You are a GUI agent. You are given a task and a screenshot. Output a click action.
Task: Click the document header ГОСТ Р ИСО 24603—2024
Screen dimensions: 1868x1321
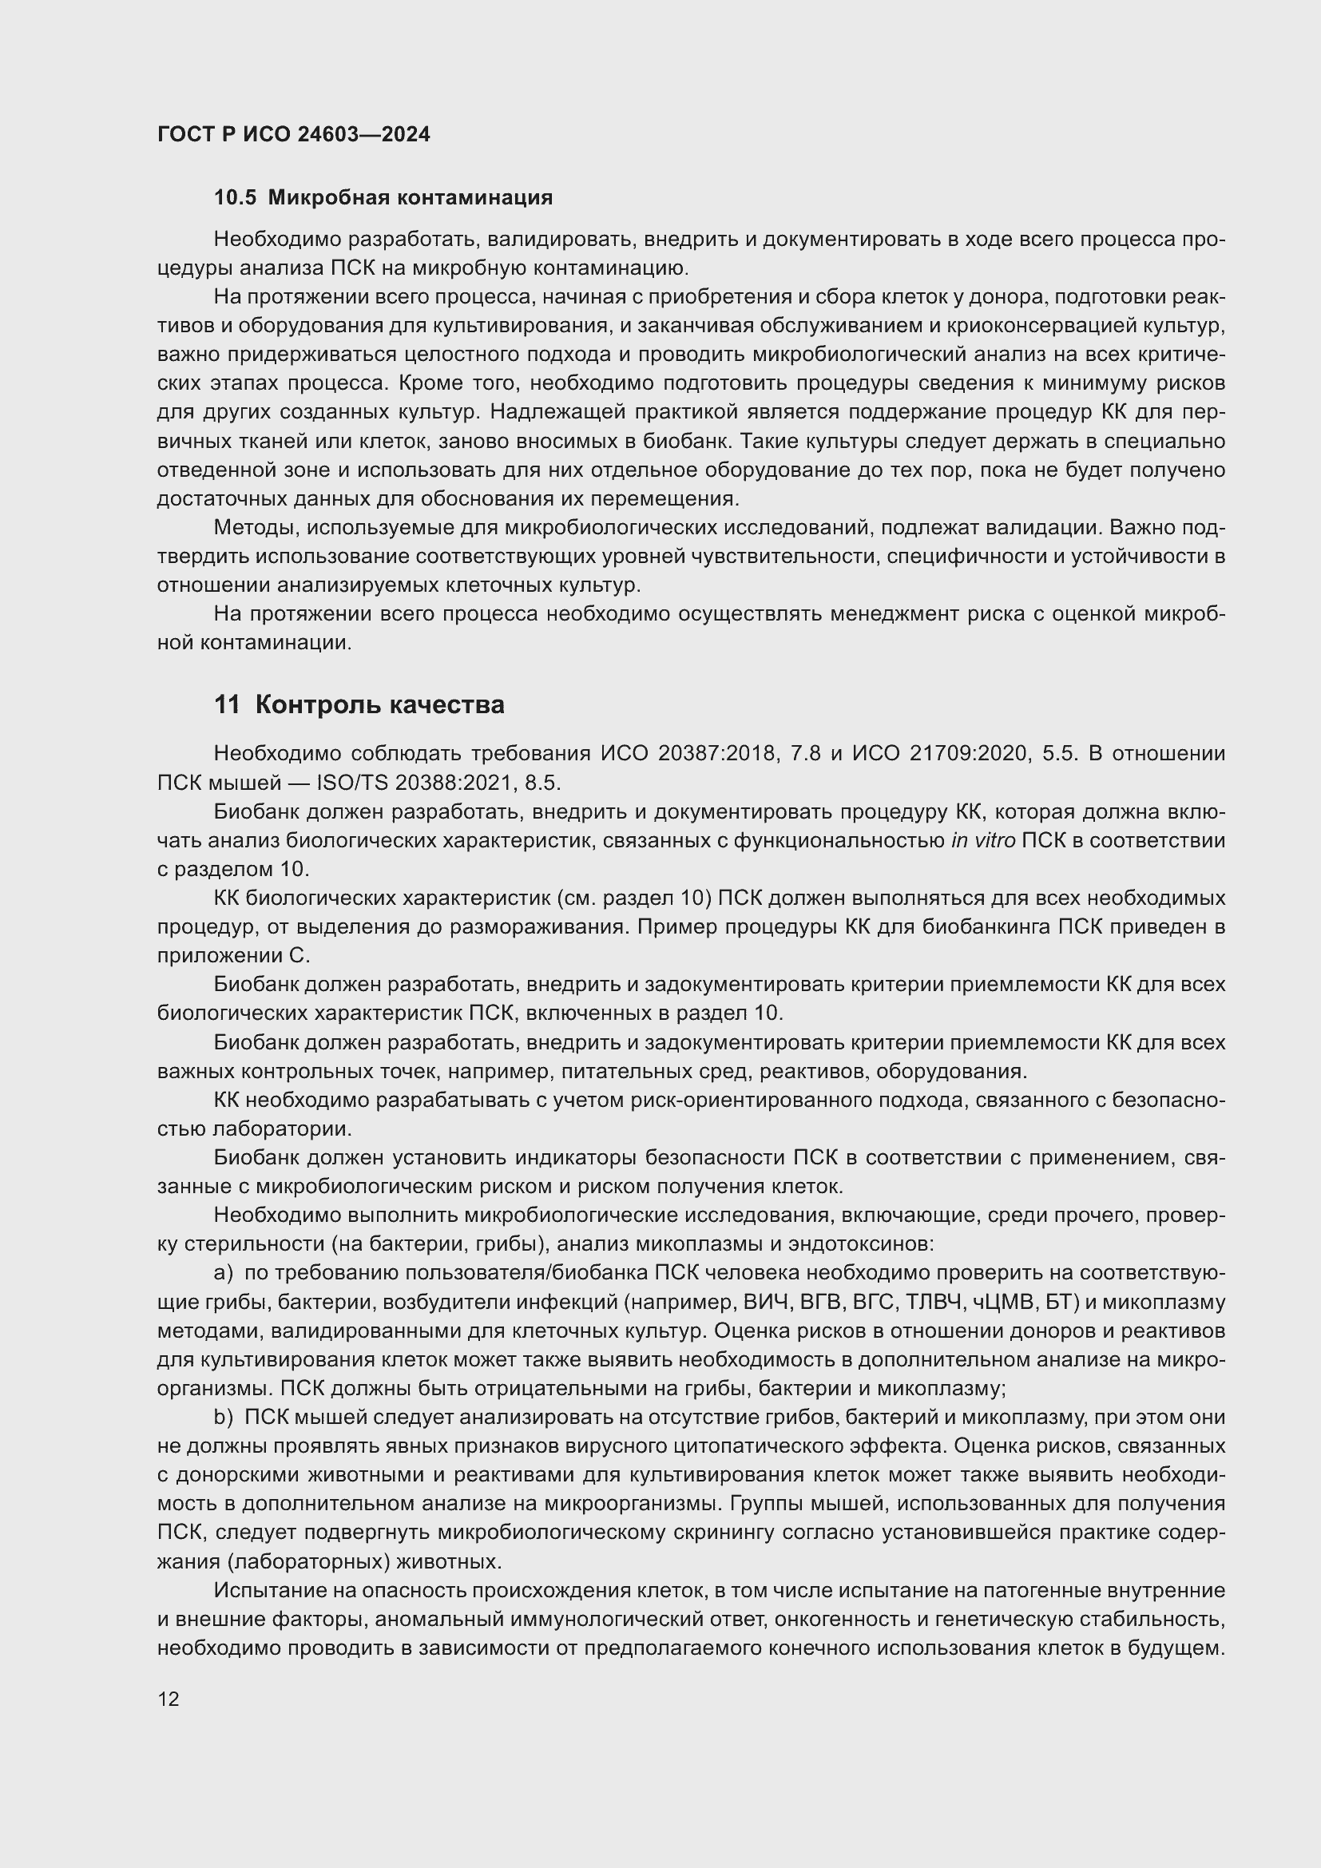click(x=294, y=135)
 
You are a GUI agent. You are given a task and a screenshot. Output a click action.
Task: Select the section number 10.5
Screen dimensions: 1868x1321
click(x=235, y=198)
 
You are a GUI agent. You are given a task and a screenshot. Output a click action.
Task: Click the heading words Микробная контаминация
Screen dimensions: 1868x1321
click(x=410, y=198)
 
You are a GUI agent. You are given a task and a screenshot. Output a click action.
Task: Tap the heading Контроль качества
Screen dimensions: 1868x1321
click(x=379, y=704)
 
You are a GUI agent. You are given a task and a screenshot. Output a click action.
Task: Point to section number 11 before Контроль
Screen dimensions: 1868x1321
click(x=227, y=704)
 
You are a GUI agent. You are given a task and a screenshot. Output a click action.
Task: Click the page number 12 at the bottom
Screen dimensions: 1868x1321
click(x=169, y=1699)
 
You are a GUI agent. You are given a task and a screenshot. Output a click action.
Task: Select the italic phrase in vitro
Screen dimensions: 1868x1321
click(x=982, y=840)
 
